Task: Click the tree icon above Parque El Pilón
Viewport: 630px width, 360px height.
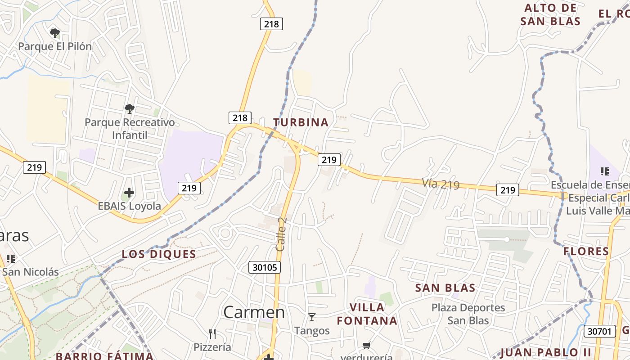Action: tap(55, 33)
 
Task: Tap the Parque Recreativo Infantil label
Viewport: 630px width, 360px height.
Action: tap(130, 128)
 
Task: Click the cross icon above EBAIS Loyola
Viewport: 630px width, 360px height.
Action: tap(129, 193)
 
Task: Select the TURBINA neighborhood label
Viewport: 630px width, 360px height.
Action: tap(301, 122)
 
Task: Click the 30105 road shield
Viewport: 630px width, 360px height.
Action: tap(265, 268)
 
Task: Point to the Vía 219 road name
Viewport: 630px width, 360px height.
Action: tap(441, 184)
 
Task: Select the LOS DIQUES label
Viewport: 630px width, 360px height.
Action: tap(159, 254)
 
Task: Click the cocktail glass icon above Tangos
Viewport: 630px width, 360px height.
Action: tap(312, 317)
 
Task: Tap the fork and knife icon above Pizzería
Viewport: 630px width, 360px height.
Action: tap(212, 334)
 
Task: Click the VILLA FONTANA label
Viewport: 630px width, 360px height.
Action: tap(367, 314)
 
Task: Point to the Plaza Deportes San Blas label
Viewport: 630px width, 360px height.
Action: tap(468, 314)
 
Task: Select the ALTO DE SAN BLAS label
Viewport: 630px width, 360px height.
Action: tap(550, 14)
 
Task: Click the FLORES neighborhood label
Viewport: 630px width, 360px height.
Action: tap(586, 251)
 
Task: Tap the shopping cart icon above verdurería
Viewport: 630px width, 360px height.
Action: tap(366, 346)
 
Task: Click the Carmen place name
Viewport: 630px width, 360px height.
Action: tap(254, 312)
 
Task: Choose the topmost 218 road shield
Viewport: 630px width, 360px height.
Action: tap(271, 24)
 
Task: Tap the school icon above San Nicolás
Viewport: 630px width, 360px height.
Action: tap(11, 259)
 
